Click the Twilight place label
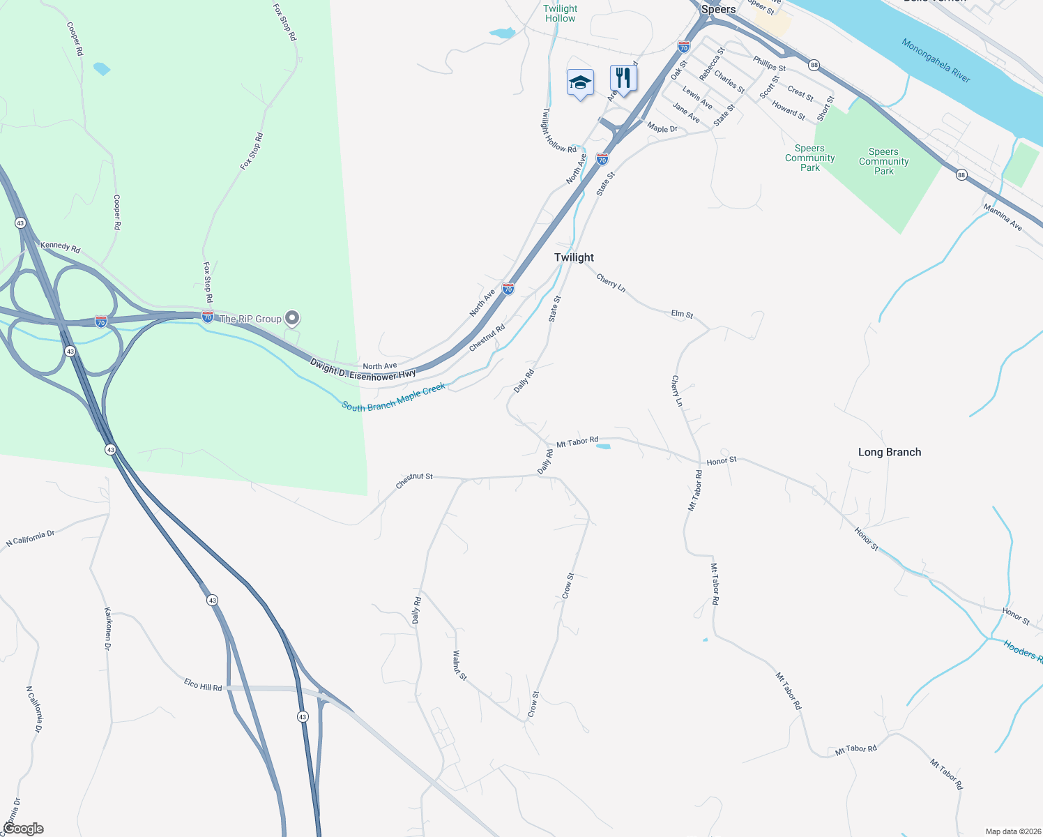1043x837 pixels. (574, 257)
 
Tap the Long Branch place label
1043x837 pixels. (889, 452)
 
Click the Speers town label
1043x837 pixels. (718, 9)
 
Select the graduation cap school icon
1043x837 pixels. (580, 83)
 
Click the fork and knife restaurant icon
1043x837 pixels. (623, 78)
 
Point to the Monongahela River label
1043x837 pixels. (936, 60)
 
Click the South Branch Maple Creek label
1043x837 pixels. (393, 398)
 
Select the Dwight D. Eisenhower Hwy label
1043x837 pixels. (363, 369)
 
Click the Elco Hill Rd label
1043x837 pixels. (203, 684)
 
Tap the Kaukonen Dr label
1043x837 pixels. (108, 628)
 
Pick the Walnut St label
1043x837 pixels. (459, 665)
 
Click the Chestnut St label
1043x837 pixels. (414, 480)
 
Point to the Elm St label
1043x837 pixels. (682, 315)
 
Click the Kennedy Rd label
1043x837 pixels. (60, 247)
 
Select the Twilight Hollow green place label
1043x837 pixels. (560, 13)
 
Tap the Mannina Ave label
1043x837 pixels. (1003, 217)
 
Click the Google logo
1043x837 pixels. (23, 829)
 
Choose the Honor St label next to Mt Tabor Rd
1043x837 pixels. (722, 461)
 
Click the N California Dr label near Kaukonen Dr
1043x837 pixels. (30, 538)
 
